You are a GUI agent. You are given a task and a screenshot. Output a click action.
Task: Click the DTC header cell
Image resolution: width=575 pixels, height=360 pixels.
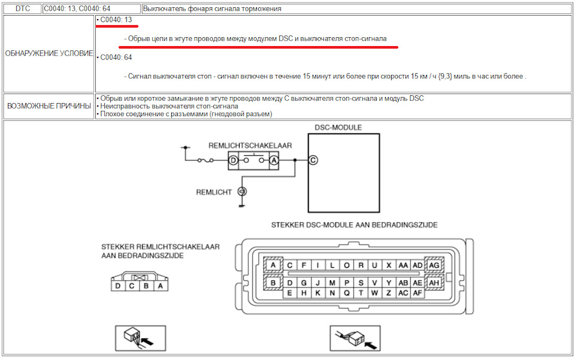[x=22, y=9]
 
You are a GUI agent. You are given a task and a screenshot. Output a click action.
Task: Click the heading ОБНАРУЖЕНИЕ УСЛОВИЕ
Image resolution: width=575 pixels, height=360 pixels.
[x=49, y=53]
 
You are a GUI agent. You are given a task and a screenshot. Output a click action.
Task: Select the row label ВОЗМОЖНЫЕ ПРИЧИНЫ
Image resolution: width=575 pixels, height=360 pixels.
[x=49, y=106]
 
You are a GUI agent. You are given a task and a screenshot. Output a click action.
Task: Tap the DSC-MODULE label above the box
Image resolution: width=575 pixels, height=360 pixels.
[x=338, y=128]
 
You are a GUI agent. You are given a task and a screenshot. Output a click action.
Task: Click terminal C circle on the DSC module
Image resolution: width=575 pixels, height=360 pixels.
[x=313, y=160]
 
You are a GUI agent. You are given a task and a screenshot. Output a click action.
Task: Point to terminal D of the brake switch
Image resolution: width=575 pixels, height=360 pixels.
[x=233, y=160]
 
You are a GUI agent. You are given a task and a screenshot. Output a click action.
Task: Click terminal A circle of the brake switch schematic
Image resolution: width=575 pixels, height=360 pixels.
[x=274, y=160]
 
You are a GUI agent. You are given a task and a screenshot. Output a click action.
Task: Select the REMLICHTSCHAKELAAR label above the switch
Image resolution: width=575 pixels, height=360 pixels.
[x=250, y=146]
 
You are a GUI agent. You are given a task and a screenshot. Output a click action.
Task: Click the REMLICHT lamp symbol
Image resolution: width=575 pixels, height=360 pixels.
[x=242, y=191]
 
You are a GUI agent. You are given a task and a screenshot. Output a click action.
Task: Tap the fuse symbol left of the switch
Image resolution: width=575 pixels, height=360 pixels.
[x=205, y=160]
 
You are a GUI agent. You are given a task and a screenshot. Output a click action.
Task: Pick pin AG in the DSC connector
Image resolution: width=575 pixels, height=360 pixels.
[x=434, y=265]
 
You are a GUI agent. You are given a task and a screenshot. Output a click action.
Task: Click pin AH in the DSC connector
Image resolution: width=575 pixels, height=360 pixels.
[x=434, y=283]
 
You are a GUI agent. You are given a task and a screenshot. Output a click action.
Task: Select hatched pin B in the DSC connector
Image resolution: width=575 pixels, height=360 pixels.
[x=273, y=283]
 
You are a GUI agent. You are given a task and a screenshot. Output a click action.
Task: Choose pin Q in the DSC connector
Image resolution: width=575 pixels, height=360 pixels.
[x=347, y=293]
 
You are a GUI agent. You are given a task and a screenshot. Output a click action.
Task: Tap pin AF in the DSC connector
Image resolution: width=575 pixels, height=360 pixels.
[x=417, y=293]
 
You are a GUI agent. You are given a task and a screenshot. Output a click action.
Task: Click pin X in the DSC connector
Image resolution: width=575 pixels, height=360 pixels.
[x=389, y=265]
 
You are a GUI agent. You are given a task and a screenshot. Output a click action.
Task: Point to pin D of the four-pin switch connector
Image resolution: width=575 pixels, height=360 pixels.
[x=118, y=286]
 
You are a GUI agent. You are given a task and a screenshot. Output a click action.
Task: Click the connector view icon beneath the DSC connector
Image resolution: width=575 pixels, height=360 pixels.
[x=355, y=338]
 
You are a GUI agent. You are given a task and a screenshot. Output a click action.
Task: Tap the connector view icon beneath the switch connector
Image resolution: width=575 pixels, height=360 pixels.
[x=140, y=338]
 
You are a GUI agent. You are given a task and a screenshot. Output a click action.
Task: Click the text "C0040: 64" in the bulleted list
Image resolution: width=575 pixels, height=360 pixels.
[x=116, y=57]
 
